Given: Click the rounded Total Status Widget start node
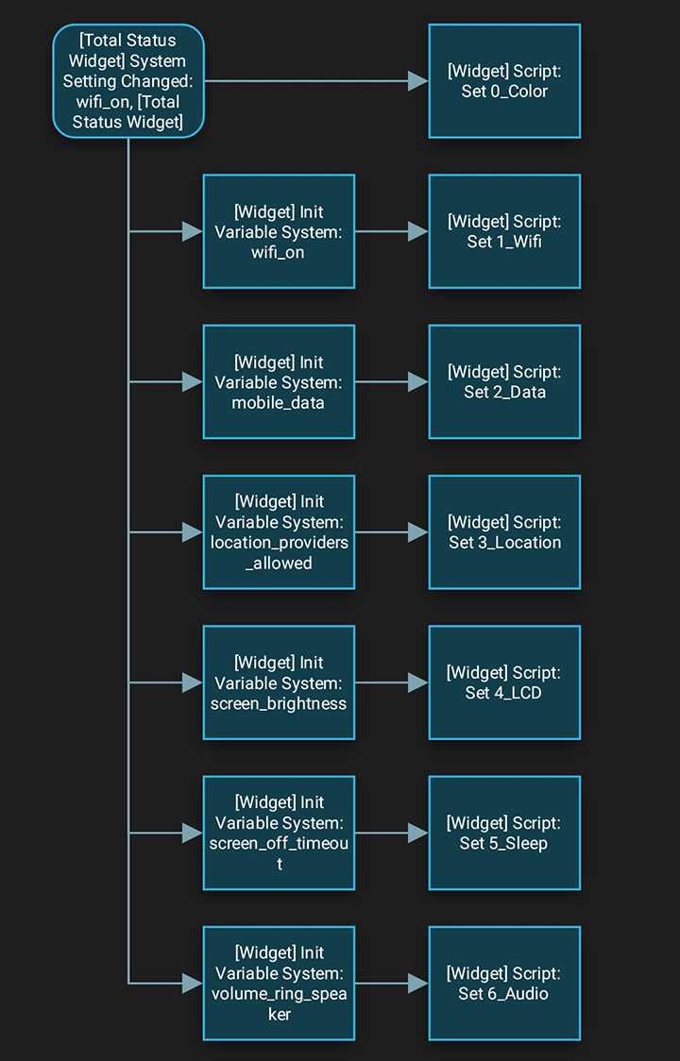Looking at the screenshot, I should [x=127, y=81].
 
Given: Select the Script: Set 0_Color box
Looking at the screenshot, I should [x=504, y=81].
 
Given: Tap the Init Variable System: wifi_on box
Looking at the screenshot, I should [x=279, y=231].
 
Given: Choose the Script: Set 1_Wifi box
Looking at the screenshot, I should [x=504, y=231].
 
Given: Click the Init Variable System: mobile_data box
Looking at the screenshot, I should [x=279, y=381].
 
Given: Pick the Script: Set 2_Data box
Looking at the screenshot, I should [x=504, y=381].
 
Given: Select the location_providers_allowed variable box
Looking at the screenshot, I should [x=279, y=532].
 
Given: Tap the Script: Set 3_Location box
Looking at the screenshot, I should [x=504, y=532].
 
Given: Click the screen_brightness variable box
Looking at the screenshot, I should [x=279, y=682].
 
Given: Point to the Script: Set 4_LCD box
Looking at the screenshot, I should [x=504, y=682].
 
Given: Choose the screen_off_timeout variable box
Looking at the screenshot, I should [x=279, y=833].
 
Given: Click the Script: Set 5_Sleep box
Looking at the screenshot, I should [x=504, y=833].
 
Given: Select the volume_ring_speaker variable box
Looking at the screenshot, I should [x=279, y=983].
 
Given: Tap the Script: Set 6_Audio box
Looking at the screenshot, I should [x=504, y=983].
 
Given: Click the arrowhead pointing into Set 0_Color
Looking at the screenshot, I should [x=418, y=81].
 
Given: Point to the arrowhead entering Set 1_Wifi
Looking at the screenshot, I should [x=418, y=231].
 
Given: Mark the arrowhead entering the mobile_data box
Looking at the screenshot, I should [x=193, y=381].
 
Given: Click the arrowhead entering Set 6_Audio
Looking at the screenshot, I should [x=418, y=983].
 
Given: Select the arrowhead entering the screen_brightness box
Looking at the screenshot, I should [x=193, y=682].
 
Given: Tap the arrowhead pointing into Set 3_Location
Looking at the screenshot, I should [x=418, y=532].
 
